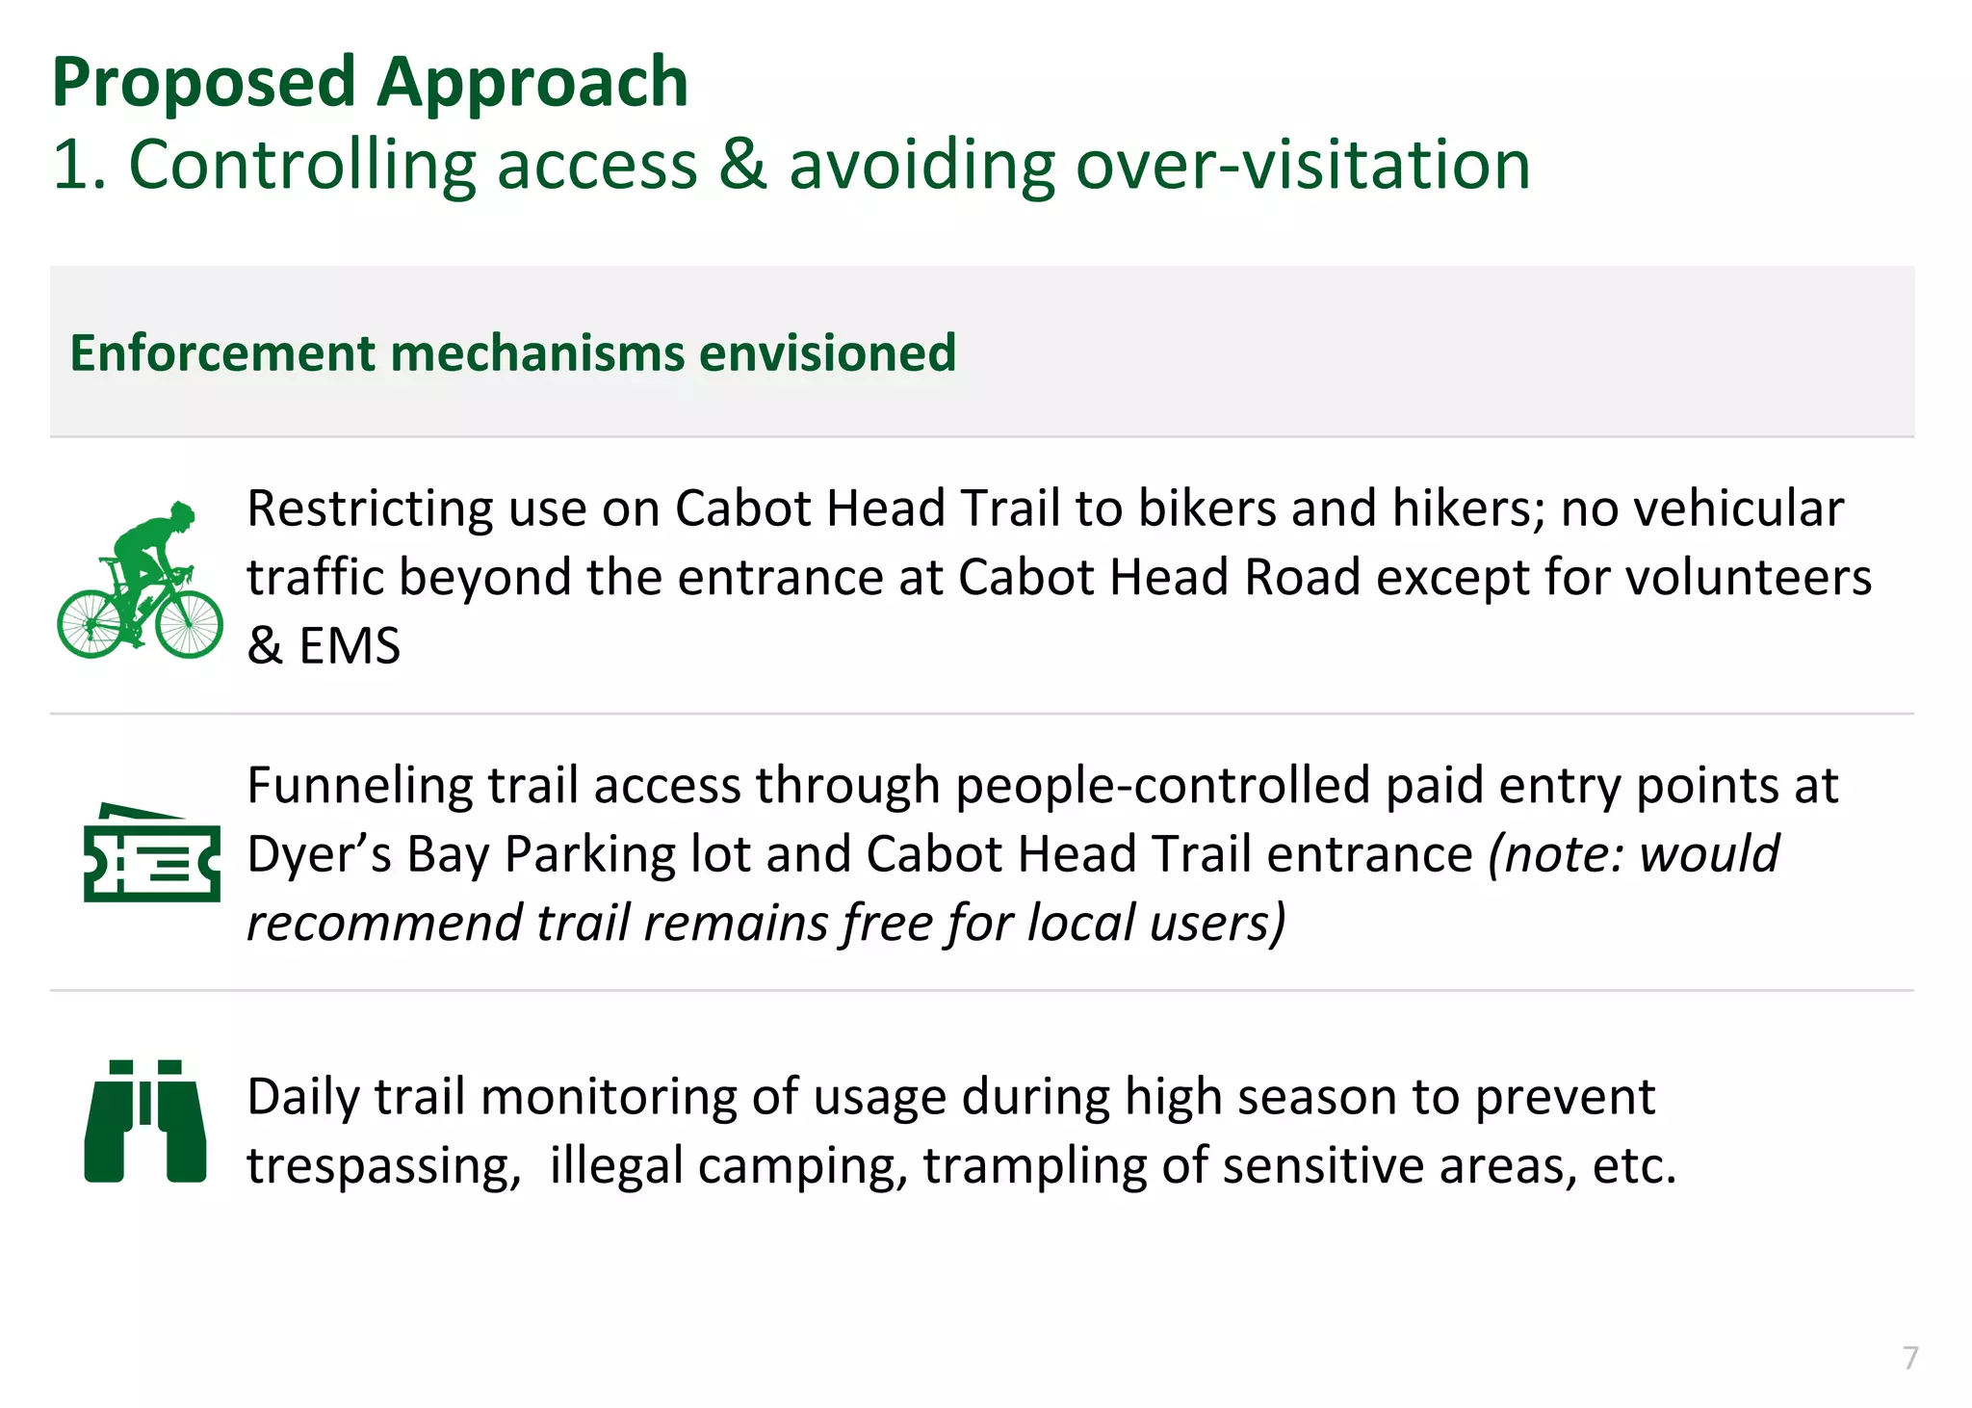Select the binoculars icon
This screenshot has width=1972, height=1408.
coord(145,1121)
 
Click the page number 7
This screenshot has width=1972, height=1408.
coord(1910,1357)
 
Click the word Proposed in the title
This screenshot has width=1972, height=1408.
coord(204,83)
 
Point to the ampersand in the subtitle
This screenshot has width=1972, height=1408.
coord(742,165)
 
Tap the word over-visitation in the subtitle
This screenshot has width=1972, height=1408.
coord(1303,165)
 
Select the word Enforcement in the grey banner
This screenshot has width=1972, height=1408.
coord(224,352)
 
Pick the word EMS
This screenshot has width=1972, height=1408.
coord(350,645)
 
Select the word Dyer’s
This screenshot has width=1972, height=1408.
coord(319,854)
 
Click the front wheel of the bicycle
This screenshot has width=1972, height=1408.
coord(190,624)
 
